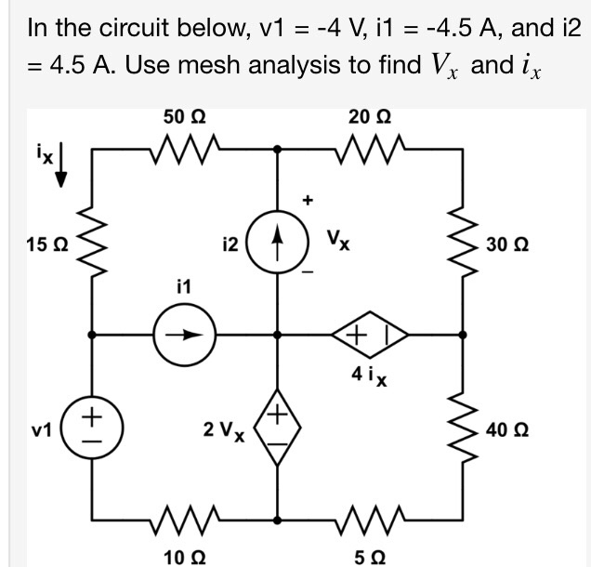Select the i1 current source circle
tap(185, 335)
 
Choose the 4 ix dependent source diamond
tap(371, 335)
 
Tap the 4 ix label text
tap(369, 377)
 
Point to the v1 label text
tap(38, 431)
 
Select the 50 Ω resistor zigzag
tap(185, 147)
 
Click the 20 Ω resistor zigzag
tap(371, 147)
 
